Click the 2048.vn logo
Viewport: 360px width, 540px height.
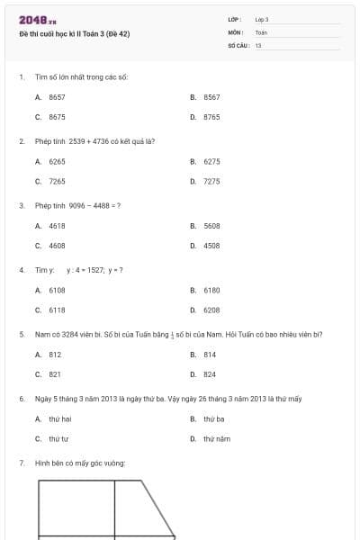coord(37,20)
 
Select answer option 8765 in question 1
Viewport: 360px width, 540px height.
coord(211,117)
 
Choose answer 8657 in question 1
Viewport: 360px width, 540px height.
coord(57,96)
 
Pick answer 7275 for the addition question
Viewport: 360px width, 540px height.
coord(211,182)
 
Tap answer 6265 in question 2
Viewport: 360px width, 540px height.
coord(57,161)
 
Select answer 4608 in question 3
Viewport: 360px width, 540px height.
coord(57,245)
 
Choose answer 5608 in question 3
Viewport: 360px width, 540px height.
coord(211,225)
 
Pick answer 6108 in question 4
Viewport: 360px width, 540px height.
coord(57,290)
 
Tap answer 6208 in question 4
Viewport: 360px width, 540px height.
coord(211,310)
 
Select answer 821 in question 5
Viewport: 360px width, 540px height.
coord(55,374)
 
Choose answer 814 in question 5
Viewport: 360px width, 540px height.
coord(210,355)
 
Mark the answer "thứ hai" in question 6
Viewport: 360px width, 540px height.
coord(59,418)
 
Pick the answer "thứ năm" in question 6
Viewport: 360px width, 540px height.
coord(216,439)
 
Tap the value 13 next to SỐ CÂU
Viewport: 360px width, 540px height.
coord(258,45)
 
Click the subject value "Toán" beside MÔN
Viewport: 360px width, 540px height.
coord(261,32)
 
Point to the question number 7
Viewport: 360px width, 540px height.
coord(21,463)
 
